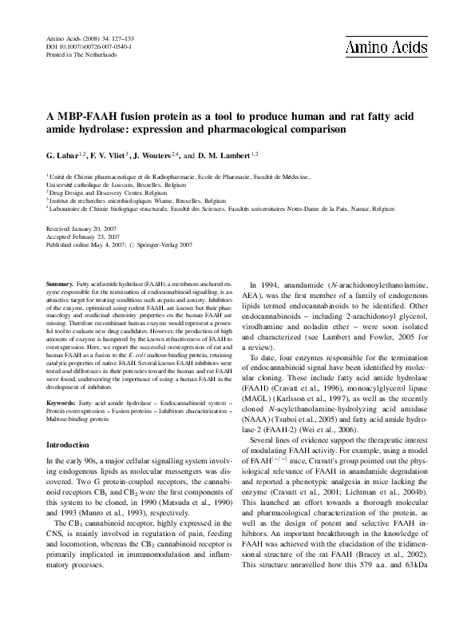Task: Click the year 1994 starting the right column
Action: (x=267, y=285)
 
